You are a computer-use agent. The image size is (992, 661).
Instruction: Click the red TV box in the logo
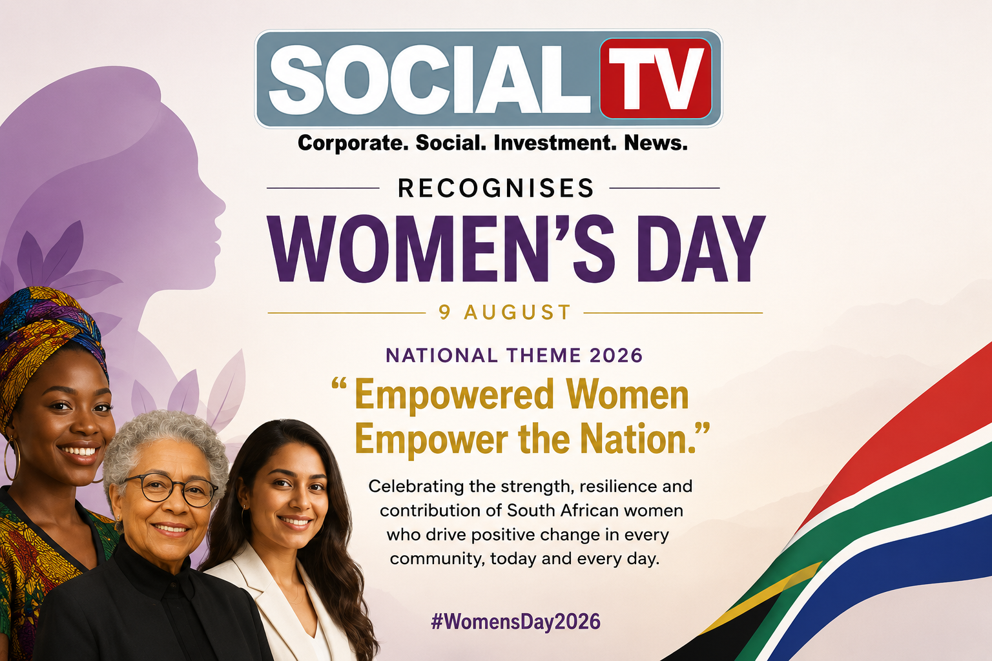coord(656,78)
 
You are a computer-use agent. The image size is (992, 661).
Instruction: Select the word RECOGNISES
coord(495,188)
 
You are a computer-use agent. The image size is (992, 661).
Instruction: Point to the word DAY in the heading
coord(701,249)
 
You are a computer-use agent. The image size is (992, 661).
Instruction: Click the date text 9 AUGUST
coord(505,312)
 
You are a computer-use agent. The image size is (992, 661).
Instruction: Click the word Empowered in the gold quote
coord(455,394)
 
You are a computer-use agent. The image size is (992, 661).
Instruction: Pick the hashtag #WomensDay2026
coord(516,622)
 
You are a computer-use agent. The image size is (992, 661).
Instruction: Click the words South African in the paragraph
coord(563,511)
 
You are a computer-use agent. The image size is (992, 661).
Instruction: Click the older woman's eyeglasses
coord(170,490)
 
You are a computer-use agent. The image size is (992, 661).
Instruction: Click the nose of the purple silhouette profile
coord(220,207)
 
